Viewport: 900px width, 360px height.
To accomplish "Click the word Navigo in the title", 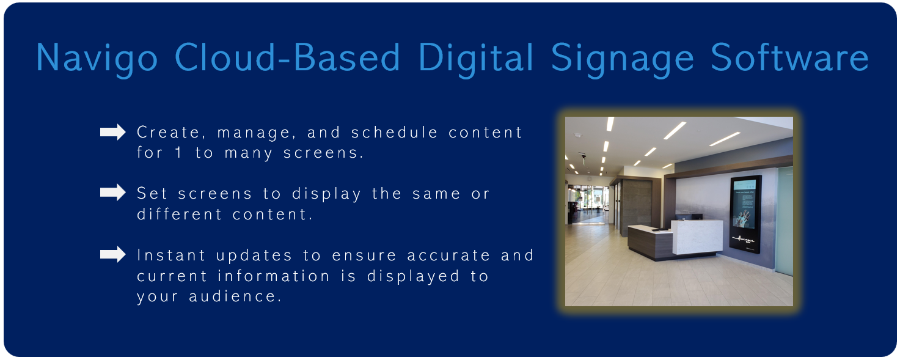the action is coord(97,58).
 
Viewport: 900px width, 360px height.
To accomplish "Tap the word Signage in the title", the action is coord(623,58).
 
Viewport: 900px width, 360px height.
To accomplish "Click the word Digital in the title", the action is coord(476,58).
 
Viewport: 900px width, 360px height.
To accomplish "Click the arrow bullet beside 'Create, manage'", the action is coord(113,132).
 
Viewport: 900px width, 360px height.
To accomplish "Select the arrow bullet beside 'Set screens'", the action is coord(113,193).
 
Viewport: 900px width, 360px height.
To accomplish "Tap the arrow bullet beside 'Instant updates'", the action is coord(113,254).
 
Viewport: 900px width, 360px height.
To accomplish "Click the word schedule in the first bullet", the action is coord(395,132).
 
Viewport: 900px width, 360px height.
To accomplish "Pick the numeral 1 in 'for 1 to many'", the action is coord(178,153).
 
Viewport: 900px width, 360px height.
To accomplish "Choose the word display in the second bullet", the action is coord(327,194).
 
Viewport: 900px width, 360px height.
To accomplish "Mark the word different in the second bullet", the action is coord(180,214).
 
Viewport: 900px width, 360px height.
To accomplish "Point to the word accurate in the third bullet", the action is coord(449,255).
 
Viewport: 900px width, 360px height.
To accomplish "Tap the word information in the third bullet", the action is coord(274,276).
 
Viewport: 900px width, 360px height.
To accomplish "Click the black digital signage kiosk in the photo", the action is coord(745,214).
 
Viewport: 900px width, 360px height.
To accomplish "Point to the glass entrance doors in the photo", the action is coord(589,204).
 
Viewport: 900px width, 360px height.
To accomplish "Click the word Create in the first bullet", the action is coord(169,133).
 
